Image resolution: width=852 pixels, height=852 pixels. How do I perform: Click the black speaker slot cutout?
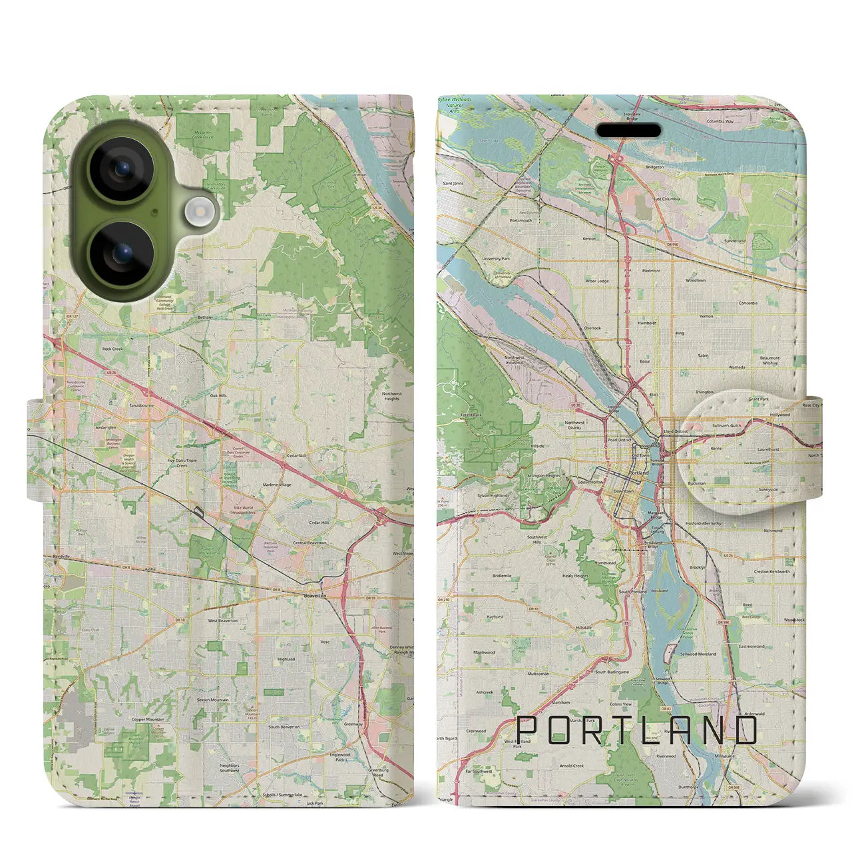tap(628, 130)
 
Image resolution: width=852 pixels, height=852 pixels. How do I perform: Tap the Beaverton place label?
tap(315, 596)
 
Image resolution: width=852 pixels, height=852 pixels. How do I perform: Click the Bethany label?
tap(205, 318)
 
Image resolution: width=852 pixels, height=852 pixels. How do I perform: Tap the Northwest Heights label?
tap(391, 396)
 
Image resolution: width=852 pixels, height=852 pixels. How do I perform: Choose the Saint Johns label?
tap(453, 184)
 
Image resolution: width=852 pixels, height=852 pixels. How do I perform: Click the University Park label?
tap(496, 258)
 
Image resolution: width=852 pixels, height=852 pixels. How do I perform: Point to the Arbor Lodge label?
tap(597, 281)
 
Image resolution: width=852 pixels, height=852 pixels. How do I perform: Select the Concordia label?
tap(747, 303)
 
